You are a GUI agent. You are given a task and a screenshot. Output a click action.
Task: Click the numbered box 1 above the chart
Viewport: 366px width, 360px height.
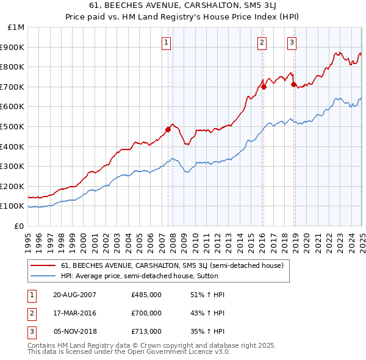[x=166, y=42]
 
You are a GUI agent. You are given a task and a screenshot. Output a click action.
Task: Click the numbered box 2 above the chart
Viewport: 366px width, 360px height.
[x=262, y=42]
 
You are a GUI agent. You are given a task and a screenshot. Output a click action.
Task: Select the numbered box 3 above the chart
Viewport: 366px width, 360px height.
[x=292, y=42]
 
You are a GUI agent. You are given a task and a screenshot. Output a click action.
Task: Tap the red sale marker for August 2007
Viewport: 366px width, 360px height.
[x=168, y=129]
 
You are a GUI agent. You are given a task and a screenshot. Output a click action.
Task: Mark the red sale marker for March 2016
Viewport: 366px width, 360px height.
[x=264, y=87]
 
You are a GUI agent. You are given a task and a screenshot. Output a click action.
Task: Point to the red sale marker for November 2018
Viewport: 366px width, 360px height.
[x=293, y=84]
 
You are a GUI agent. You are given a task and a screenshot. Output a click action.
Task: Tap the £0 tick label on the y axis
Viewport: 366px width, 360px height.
[x=19, y=226]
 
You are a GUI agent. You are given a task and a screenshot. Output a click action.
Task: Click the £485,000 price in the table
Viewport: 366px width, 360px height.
[x=146, y=294]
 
